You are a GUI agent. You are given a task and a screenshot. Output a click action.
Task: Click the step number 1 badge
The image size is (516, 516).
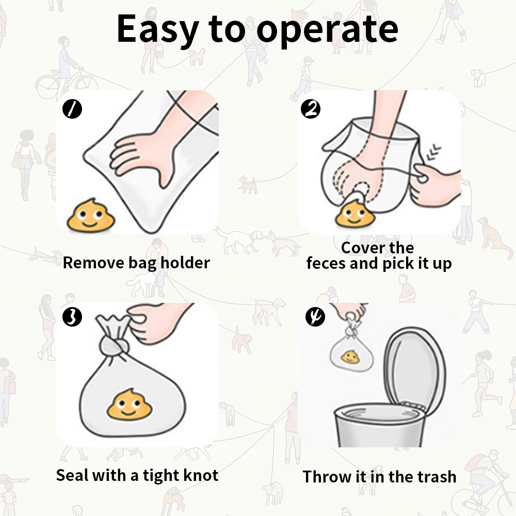pyautogui.click(x=72, y=109)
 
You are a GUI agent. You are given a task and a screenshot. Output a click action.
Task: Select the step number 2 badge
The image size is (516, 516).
pyautogui.click(x=310, y=109)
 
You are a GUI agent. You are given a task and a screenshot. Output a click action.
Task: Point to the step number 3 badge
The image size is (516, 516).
pyautogui.click(x=72, y=316)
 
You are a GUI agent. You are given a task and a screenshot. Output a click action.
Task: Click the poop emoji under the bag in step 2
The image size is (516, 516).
pyautogui.click(x=352, y=213)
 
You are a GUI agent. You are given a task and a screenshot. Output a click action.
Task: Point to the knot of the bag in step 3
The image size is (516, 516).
pyautogui.click(x=114, y=343)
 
